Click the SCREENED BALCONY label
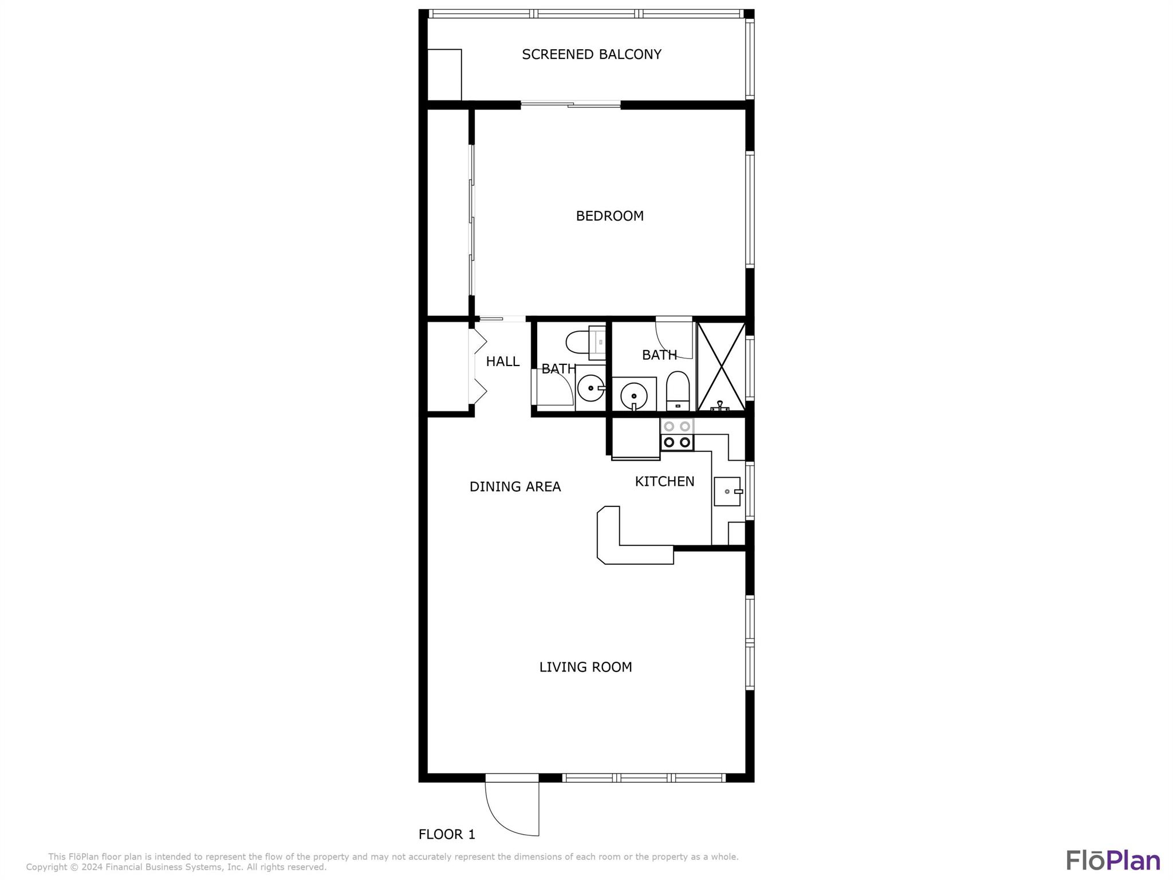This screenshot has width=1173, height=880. [592, 54]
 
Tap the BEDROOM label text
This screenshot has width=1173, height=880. [609, 216]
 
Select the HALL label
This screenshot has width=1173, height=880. [503, 362]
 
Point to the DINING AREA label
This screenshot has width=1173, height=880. [515, 486]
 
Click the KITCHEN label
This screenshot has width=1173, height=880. [664, 481]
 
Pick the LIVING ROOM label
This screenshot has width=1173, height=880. [585, 667]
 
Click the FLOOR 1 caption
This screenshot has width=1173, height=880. [447, 834]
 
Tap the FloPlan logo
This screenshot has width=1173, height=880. [1113, 861]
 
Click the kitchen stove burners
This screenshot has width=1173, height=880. [677, 434]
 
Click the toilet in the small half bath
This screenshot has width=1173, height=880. [585, 343]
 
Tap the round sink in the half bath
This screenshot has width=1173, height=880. [591, 388]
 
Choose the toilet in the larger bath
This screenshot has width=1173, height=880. [678, 391]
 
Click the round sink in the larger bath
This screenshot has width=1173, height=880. [634, 395]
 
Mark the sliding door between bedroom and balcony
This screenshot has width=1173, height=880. [570, 104]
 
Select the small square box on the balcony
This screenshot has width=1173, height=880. [444, 74]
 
